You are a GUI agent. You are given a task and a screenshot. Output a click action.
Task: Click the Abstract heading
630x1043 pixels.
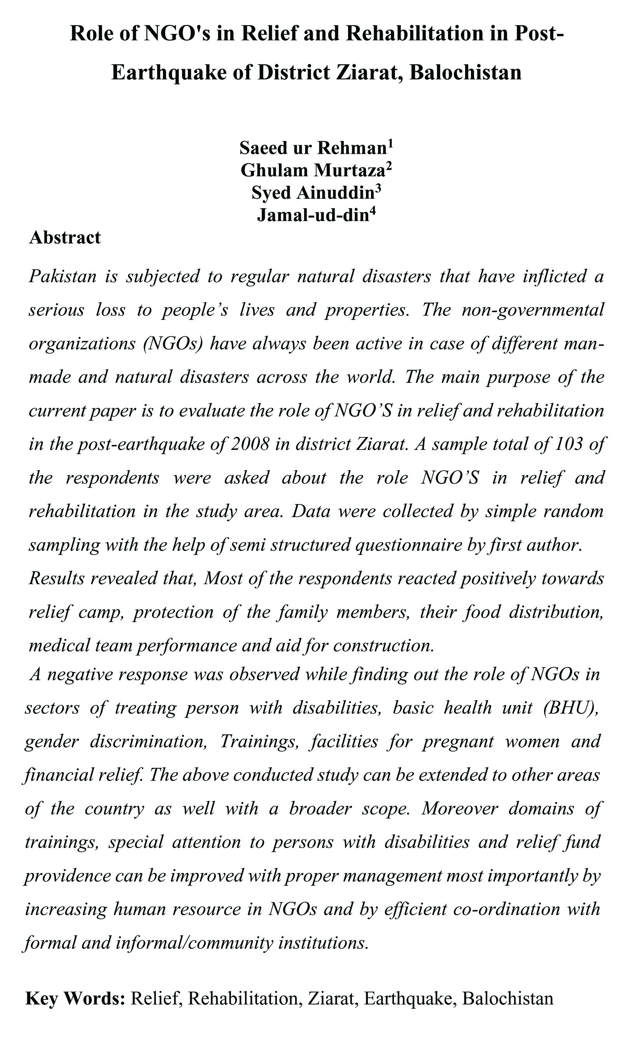(65, 238)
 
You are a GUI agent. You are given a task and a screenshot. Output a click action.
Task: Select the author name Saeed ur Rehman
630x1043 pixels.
(313, 148)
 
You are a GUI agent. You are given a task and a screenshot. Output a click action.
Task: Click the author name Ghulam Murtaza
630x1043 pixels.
(313, 170)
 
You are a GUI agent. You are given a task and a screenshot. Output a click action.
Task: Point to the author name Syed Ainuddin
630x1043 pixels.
(313, 193)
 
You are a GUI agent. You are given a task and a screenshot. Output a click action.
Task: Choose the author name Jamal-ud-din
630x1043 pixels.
(313, 216)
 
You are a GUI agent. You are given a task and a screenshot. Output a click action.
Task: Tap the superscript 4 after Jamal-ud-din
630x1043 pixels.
(372, 211)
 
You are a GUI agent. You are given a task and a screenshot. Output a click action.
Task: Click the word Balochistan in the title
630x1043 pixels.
(465, 72)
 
